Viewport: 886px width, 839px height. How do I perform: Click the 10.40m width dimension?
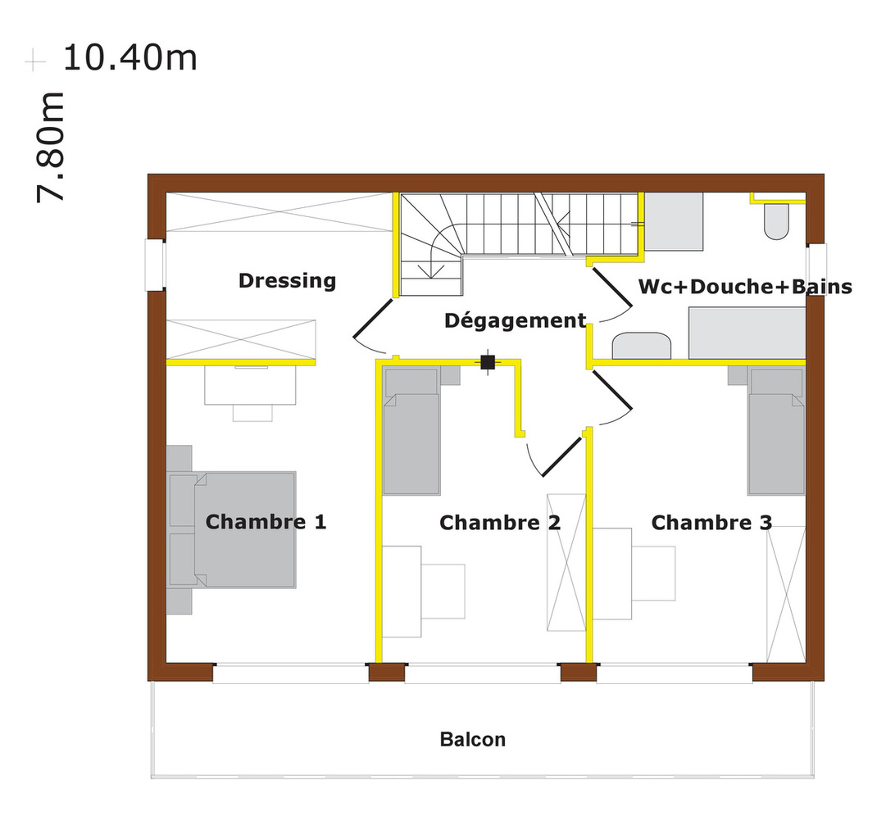tap(130, 57)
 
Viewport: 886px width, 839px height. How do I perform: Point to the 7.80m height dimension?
tap(50, 147)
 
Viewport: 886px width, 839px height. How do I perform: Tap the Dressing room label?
tap(287, 281)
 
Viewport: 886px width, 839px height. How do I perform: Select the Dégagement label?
tap(516, 320)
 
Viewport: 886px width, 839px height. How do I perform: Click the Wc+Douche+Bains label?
tap(745, 287)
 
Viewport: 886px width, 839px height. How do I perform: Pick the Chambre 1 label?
tap(266, 521)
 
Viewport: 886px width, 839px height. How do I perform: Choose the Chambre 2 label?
tap(500, 523)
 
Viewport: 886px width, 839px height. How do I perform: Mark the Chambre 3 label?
tap(711, 523)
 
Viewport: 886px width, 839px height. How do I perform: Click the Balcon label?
tap(472, 740)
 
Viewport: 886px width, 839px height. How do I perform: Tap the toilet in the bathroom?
tap(776, 221)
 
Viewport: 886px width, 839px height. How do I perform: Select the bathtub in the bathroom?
tap(747, 333)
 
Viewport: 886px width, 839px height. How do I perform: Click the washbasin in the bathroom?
tap(642, 346)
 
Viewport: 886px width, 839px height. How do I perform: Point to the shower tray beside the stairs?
tap(674, 221)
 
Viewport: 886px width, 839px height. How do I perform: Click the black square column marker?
tap(488, 361)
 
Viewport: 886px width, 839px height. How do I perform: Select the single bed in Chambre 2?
tap(411, 430)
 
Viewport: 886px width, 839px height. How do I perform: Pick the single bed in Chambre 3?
tap(776, 430)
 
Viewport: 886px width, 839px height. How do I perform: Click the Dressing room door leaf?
tap(372, 319)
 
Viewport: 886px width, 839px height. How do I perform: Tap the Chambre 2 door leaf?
tap(562, 456)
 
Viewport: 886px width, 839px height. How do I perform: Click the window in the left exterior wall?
tap(156, 265)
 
